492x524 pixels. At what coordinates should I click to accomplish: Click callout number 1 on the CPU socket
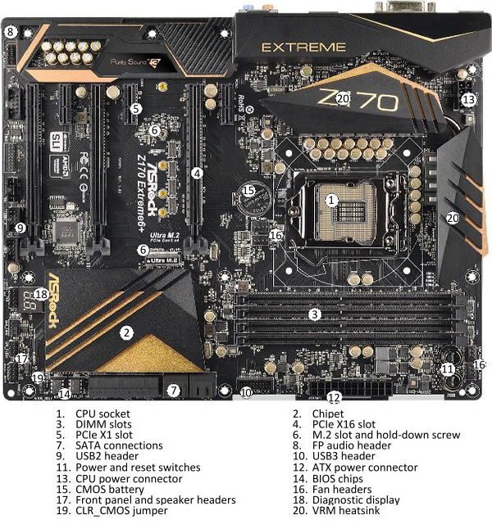(x=331, y=199)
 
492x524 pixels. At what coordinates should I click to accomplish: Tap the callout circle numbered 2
(x=125, y=332)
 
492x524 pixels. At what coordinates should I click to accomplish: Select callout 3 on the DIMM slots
(x=314, y=314)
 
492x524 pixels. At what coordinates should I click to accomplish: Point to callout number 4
(x=197, y=173)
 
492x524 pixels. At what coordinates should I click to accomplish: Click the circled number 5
(x=136, y=108)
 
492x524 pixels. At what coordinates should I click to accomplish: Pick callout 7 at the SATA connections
(x=173, y=391)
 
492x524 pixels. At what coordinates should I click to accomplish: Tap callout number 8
(x=11, y=32)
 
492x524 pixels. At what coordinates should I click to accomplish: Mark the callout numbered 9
(x=20, y=228)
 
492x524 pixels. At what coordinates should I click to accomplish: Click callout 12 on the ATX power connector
(x=334, y=399)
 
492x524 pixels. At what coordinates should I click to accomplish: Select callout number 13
(x=467, y=99)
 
